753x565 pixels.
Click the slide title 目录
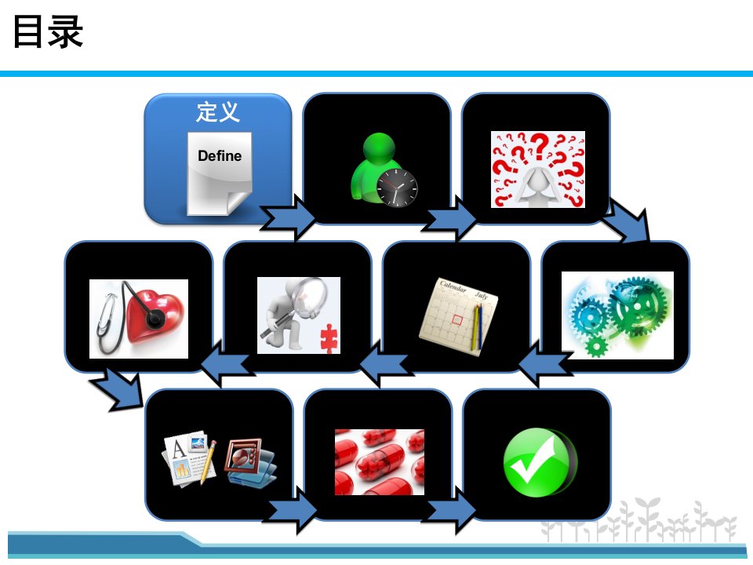coord(48,31)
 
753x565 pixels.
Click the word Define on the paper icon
coord(220,155)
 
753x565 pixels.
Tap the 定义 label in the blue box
coord(217,111)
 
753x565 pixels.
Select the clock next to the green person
coord(397,188)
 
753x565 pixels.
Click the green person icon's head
coord(379,148)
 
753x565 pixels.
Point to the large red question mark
coord(540,144)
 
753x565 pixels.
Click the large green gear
coord(638,306)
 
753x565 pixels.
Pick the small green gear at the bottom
coord(596,345)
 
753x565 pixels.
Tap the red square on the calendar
coord(457,319)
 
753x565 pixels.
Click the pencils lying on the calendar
coord(478,326)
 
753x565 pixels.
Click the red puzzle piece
coord(329,339)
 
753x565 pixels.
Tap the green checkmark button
coord(540,462)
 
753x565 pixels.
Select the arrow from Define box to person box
coord(287,217)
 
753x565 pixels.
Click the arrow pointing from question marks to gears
coord(626,221)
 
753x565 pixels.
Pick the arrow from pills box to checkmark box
coord(450,510)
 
